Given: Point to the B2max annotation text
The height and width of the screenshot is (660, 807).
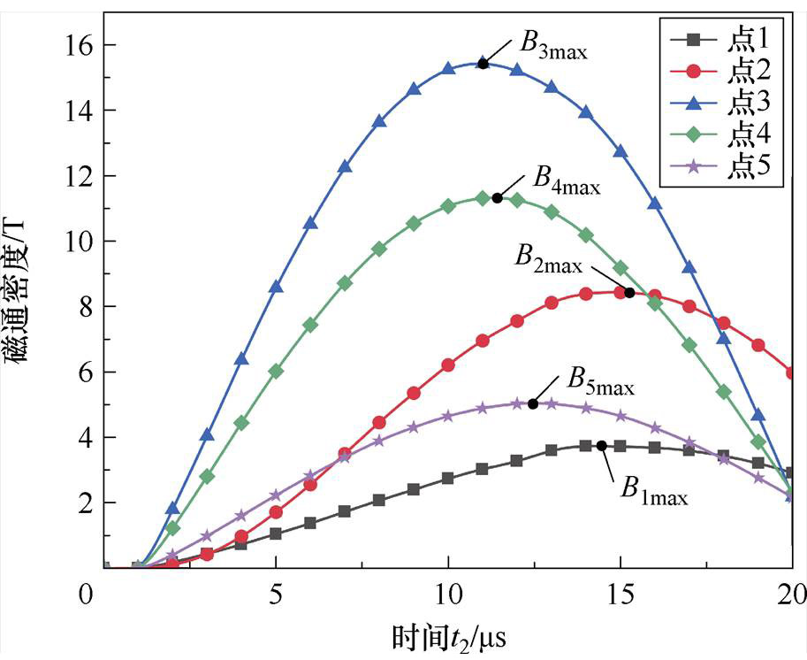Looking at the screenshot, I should tap(549, 257).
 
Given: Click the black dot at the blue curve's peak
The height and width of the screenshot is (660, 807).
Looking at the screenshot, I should tap(483, 63).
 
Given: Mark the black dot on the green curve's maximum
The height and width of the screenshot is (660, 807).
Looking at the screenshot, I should tap(497, 198).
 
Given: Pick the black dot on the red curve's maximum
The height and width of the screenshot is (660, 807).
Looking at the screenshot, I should tap(629, 293).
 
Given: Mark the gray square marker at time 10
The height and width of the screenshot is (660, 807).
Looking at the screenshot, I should tap(448, 478).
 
